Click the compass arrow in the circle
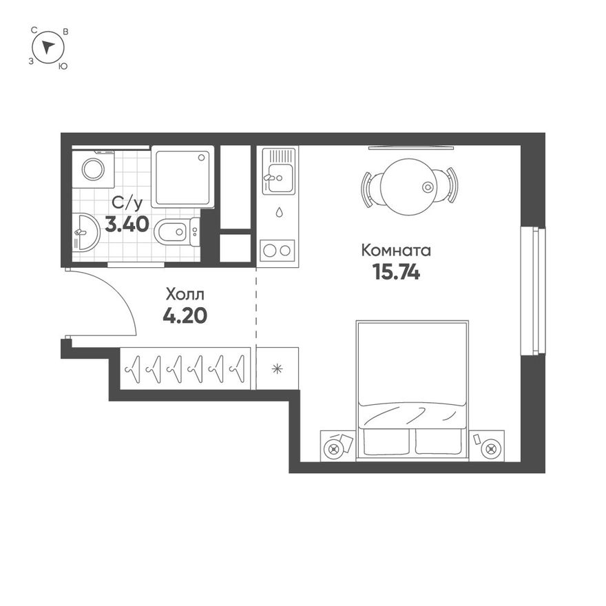tap(48, 47)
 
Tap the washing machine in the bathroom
tap(93, 169)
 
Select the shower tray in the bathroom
tap(182, 176)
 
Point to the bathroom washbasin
tap(86, 232)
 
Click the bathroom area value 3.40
tap(127, 224)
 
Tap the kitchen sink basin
tap(280, 178)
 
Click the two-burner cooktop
tap(277, 251)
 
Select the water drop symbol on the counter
tap(279, 212)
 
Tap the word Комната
tap(396, 251)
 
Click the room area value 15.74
tap(396, 272)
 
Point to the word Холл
tap(185, 295)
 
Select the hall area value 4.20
tap(185, 316)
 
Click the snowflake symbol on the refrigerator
tap(277, 368)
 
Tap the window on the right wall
tap(533, 291)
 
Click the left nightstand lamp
tap(333, 450)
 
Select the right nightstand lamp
tap(491, 449)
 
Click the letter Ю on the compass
tap(63, 66)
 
